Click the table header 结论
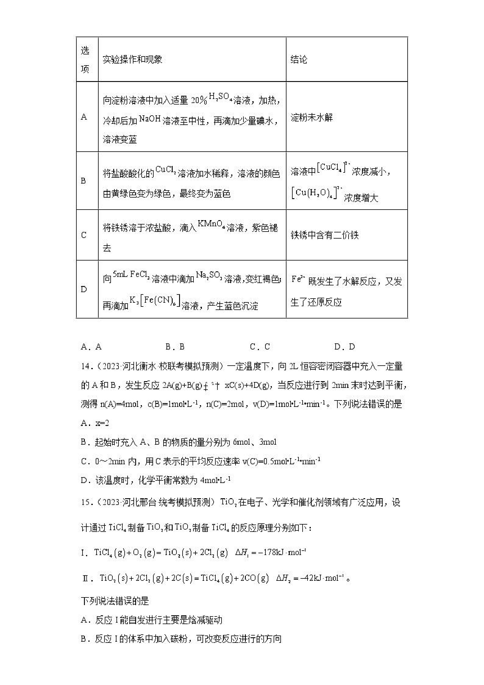click(x=298, y=59)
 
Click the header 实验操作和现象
click(x=132, y=59)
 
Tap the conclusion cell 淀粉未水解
click(x=312, y=117)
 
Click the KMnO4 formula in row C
click(x=211, y=224)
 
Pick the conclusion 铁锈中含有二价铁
click(x=325, y=235)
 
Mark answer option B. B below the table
click(x=175, y=347)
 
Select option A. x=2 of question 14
click(x=95, y=423)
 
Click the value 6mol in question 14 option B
click(x=241, y=442)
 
